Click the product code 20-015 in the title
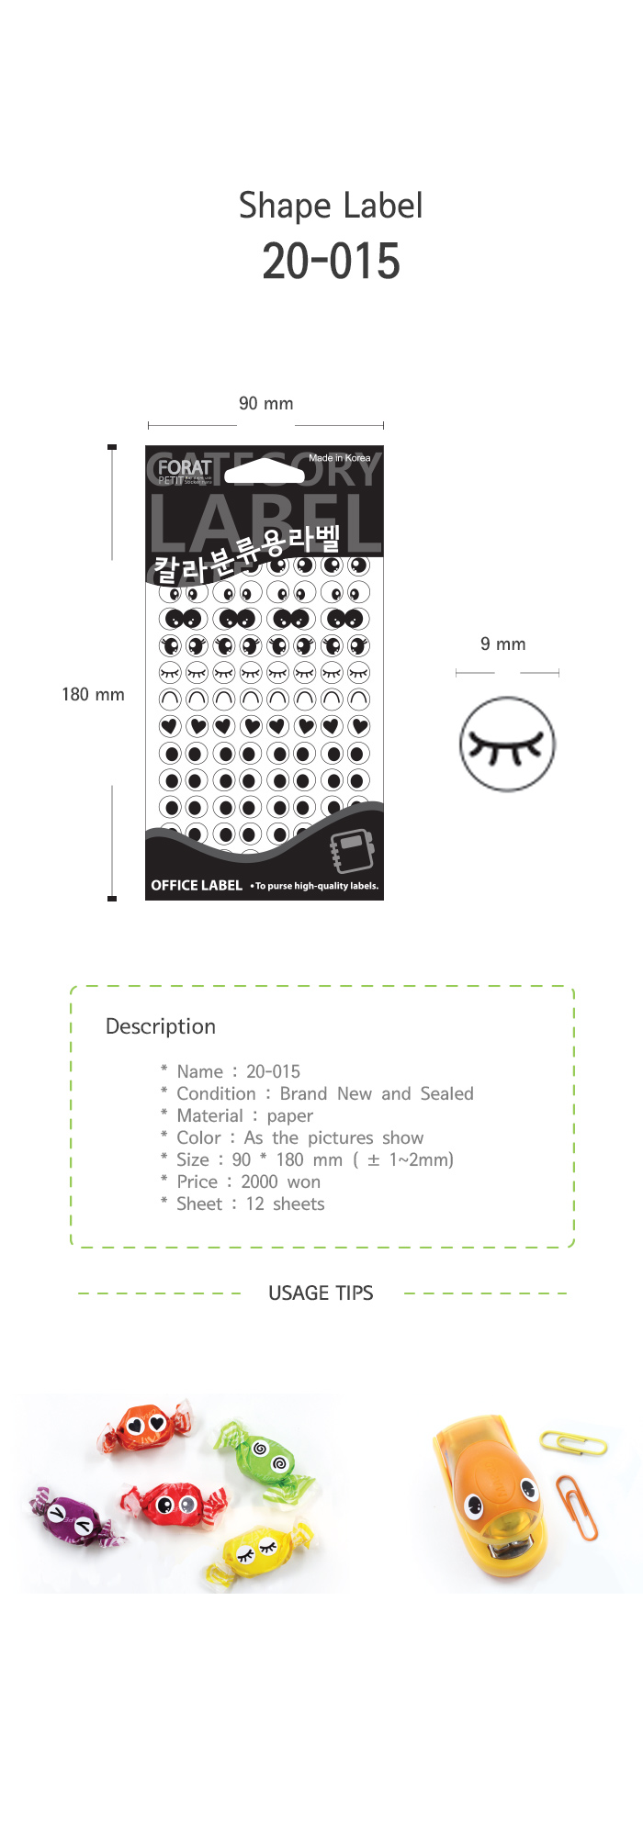331,262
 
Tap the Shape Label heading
331,206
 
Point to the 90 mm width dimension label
265,404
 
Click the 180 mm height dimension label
93,695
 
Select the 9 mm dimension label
502,644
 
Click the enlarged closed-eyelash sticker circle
507,744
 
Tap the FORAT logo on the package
184,467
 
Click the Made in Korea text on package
339,457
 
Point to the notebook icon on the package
353,851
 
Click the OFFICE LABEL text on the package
197,886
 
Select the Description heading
161,1026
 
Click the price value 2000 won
280,1182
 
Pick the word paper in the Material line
289,1116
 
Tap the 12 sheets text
285,1204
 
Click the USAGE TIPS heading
321,1293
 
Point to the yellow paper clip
574,1442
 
